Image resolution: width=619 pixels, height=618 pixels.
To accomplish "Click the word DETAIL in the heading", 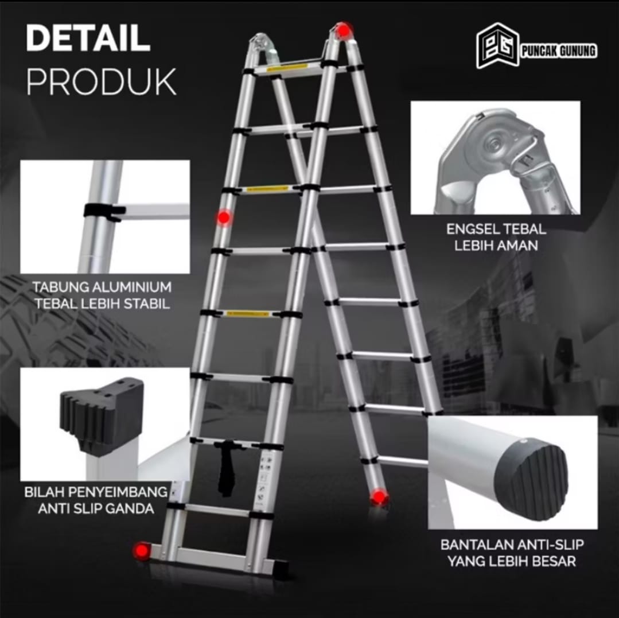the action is coord(88,38).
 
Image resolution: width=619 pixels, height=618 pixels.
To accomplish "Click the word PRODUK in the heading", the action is coord(101,82).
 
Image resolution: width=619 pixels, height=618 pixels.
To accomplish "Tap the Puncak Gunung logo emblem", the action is coord(497,46).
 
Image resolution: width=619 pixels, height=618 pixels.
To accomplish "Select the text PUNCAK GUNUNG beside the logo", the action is coord(559,51).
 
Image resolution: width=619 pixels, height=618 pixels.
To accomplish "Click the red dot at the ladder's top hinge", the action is coord(344,30).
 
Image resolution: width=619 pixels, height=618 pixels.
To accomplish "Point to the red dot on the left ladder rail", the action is coord(224,217).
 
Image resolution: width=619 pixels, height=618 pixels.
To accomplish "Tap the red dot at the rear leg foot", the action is coord(379,497).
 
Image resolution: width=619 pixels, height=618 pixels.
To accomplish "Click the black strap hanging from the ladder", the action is coord(226,469).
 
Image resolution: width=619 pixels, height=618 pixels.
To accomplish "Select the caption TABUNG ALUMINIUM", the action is coord(102,287).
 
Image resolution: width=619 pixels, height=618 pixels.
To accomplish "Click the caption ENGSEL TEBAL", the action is coord(496,229).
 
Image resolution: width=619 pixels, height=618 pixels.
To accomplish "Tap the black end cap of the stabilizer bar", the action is coord(280,569).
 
